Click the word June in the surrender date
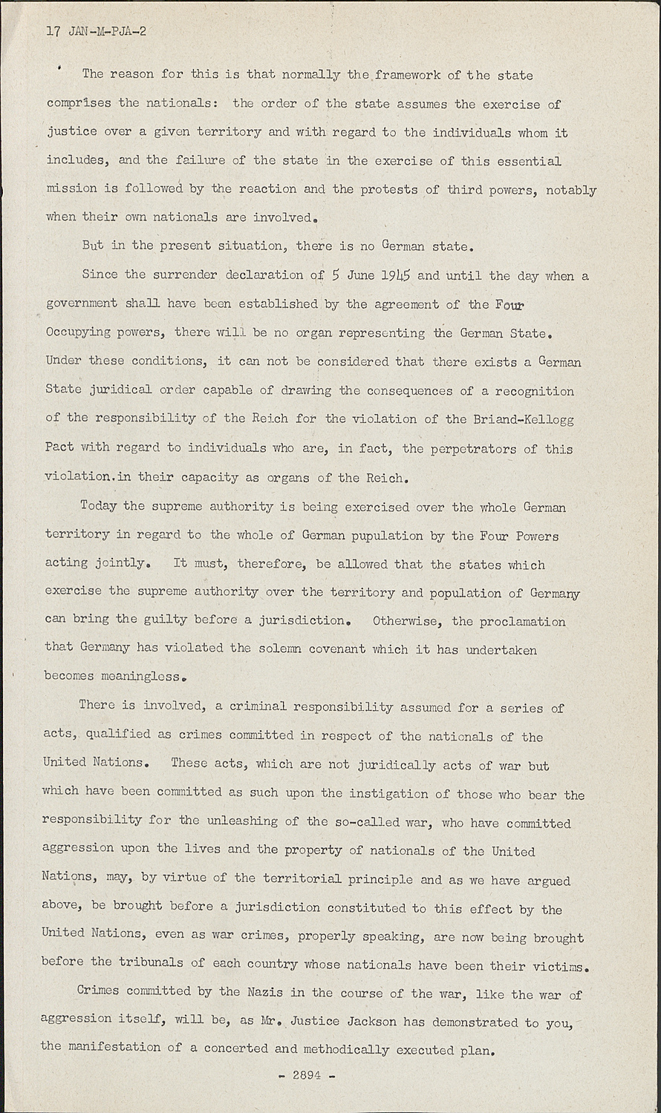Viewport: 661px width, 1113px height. [360, 275]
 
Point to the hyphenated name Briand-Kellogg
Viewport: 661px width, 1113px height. [524, 419]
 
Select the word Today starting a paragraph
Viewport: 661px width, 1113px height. [99, 507]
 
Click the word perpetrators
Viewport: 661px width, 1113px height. [468, 449]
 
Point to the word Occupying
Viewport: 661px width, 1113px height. [78, 332]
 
